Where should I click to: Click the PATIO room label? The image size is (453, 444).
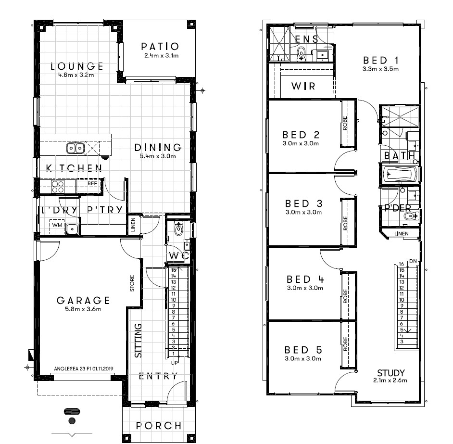pyautogui.click(x=160, y=47)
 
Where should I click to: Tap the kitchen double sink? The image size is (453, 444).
pyautogui.click(x=75, y=148)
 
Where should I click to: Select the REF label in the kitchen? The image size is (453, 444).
pyautogui.click(x=92, y=184)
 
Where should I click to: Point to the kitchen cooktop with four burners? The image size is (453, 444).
pyautogui.click(x=58, y=187)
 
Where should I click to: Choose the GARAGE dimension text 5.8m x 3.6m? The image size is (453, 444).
pyautogui.click(x=83, y=309)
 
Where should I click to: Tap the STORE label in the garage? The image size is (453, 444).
pyautogui.click(x=132, y=283)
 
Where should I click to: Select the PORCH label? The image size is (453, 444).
pyautogui.click(x=159, y=426)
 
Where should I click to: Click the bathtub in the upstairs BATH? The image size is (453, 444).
pyautogui.click(x=400, y=174)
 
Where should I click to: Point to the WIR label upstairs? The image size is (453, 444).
pyautogui.click(x=303, y=86)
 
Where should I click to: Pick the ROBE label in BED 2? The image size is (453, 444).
pyautogui.click(x=345, y=123)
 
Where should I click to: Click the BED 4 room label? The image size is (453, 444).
pyautogui.click(x=305, y=279)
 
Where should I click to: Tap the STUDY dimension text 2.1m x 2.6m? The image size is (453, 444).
pyautogui.click(x=390, y=381)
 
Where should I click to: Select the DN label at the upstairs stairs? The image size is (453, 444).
pyautogui.click(x=413, y=261)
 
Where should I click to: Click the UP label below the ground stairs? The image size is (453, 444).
pyautogui.click(x=175, y=363)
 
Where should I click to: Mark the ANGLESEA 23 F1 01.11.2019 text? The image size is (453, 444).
pyautogui.click(x=84, y=369)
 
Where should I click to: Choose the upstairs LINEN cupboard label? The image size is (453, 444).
pyautogui.click(x=402, y=234)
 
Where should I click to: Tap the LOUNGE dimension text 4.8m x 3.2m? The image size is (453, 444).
pyautogui.click(x=76, y=75)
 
